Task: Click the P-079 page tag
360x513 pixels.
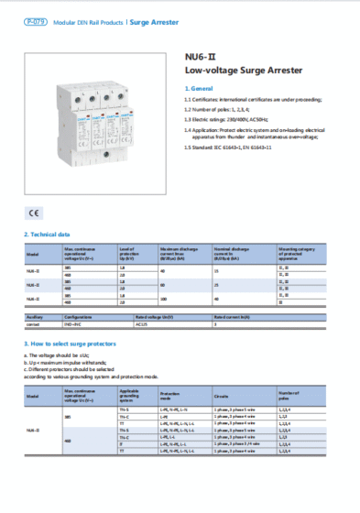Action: click(x=35, y=20)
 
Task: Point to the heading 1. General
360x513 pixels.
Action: click(x=200, y=87)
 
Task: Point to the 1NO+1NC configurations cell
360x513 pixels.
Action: click(x=74, y=324)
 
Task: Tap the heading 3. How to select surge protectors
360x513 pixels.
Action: click(x=77, y=344)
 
